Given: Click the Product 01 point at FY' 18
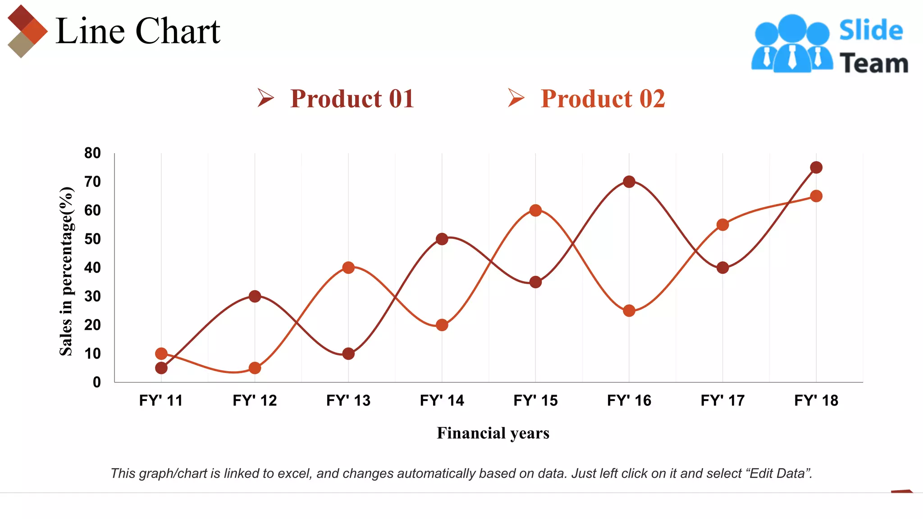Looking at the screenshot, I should (816, 168).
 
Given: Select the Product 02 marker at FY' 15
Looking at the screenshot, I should (535, 210).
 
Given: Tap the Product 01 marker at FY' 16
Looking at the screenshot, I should (629, 182).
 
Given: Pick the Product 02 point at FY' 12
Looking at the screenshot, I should (255, 368).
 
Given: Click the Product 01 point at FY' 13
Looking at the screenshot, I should (348, 354).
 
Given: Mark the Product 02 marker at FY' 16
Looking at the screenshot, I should (629, 311).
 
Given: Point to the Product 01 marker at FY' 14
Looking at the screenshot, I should (442, 239).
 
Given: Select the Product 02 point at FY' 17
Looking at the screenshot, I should (722, 225).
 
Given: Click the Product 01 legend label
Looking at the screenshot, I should (352, 99).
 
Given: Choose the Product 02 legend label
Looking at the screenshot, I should (603, 99).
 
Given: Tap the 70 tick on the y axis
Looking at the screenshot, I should (92, 182).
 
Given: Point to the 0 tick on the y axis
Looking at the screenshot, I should (97, 382).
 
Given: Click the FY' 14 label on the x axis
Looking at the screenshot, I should (442, 401).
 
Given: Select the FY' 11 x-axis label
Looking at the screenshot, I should (161, 401).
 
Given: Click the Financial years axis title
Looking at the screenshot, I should (493, 433).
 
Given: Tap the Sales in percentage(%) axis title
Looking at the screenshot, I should (66, 271).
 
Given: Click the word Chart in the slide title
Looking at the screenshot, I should (178, 32).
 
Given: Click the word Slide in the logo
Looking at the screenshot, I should (871, 31).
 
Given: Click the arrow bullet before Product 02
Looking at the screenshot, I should (516, 98).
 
